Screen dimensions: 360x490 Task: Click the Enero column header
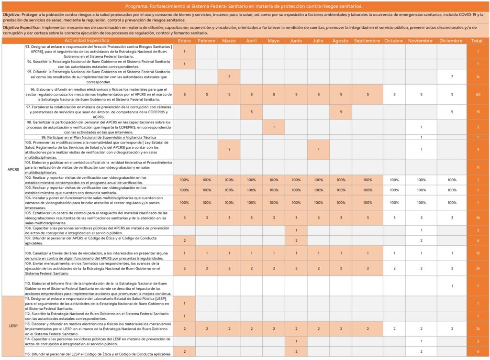point(184,41)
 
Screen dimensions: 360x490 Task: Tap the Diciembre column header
point(451,41)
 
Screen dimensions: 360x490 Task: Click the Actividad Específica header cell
point(88,41)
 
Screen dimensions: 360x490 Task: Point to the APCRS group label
point(13,169)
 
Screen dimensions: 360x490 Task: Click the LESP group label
point(13,326)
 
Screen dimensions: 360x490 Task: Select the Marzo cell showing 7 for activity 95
point(229,76)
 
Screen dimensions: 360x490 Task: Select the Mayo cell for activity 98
point(274,127)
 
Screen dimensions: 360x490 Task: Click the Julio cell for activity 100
point(319,150)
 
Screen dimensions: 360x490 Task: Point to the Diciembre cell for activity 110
point(451,286)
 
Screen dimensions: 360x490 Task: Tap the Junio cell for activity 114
point(296,341)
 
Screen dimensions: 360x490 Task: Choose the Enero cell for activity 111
point(184,304)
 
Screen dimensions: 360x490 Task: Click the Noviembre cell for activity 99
point(421,137)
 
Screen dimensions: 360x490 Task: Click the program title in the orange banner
point(244,6)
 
